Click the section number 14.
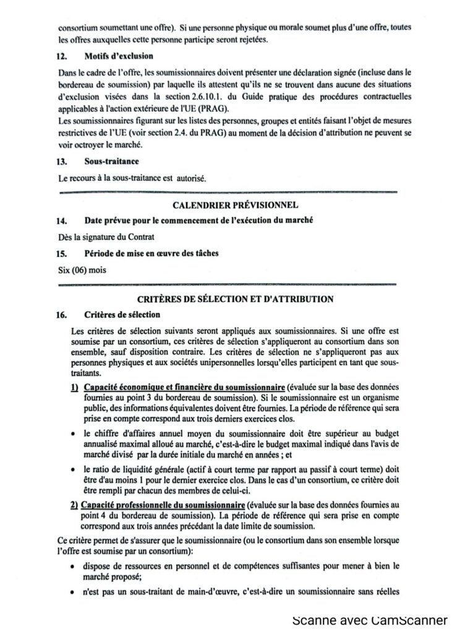pyautogui.click(x=61, y=220)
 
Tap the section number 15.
pyautogui.click(x=61, y=253)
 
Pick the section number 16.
pyautogui.click(x=61, y=315)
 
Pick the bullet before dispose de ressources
pyautogui.click(x=74, y=566)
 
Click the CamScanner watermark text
pyautogui.click(x=370, y=620)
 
